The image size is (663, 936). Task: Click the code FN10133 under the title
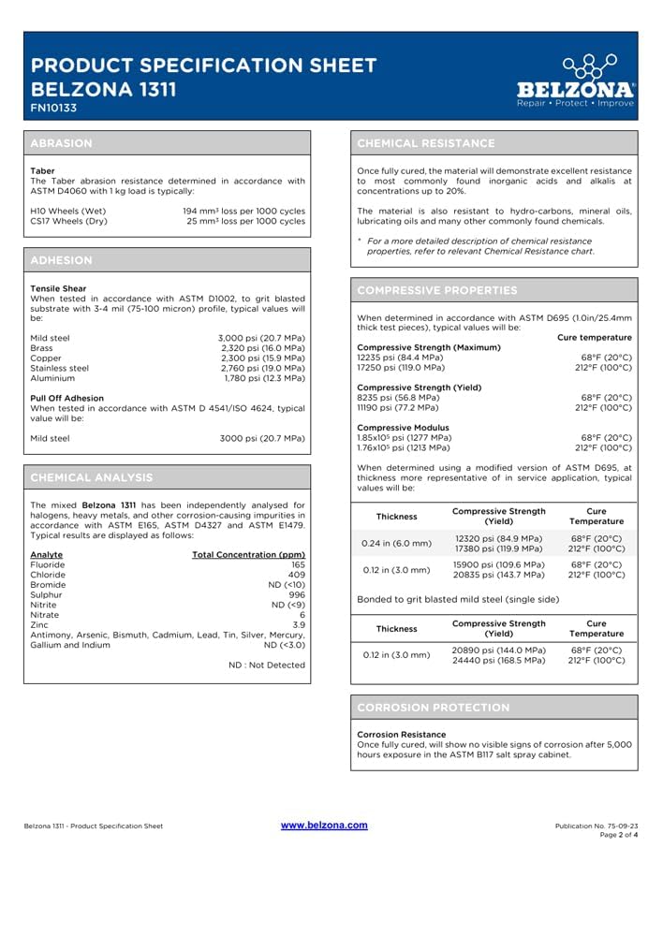[x=53, y=109]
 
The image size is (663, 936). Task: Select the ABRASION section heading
[x=62, y=143]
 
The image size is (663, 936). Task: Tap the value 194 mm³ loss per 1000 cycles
[x=243, y=211]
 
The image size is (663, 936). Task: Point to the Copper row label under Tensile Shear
[x=46, y=358]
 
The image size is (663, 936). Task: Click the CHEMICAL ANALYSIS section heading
[x=92, y=477]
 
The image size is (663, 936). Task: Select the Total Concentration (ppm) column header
[x=248, y=555]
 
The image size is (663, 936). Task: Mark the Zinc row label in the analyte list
[x=40, y=624]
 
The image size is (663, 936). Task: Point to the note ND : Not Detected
[x=267, y=665]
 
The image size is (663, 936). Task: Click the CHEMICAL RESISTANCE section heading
[x=426, y=143]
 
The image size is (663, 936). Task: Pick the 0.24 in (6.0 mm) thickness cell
[x=396, y=543]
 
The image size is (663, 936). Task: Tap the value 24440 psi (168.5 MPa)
[x=498, y=660]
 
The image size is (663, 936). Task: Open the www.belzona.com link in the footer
[x=324, y=825]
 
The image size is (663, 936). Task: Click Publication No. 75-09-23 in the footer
[x=597, y=826]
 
